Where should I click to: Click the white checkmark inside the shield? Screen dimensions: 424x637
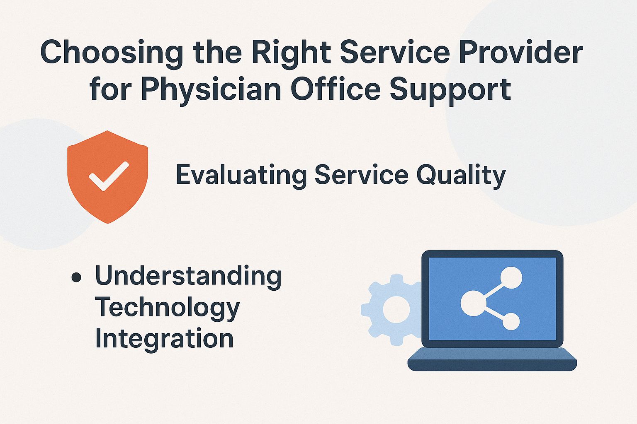point(109,176)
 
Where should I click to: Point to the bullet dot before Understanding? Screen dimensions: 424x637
point(76,277)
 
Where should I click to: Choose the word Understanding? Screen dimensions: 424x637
point(188,276)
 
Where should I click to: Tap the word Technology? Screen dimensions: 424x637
point(167,308)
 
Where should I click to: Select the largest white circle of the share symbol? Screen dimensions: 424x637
point(472,301)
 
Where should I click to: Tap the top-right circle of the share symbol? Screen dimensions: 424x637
point(511,278)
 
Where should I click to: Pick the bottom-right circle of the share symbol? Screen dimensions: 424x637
point(511,321)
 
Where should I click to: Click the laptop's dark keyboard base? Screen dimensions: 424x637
point(492,359)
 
